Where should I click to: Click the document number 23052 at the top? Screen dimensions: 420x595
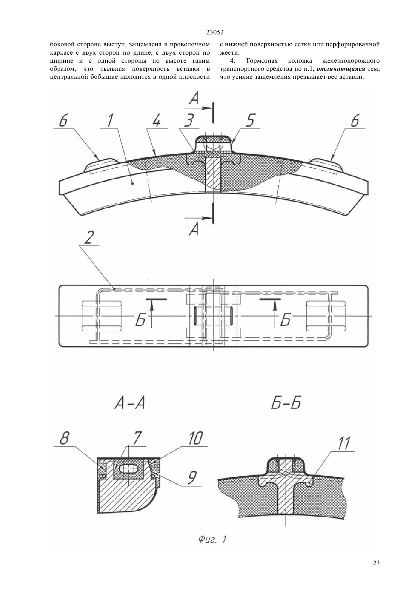click(x=215, y=32)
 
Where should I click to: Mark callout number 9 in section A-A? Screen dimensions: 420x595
click(x=192, y=477)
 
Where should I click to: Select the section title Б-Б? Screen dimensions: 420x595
click(x=286, y=403)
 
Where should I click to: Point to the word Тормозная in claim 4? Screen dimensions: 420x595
click(x=262, y=61)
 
